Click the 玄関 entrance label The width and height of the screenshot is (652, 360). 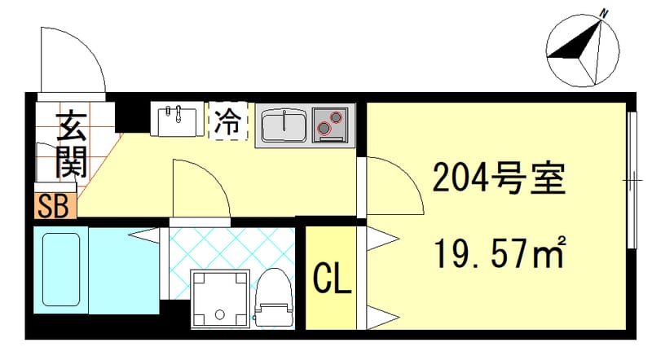click(71, 145)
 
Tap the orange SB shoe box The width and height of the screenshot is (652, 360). click(55, 205)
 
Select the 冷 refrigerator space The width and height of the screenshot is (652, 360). click(228, 121)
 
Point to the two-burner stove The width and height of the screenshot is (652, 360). click(331, 125)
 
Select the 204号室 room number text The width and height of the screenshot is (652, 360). click(498, 178)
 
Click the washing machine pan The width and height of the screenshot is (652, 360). click(219, 299)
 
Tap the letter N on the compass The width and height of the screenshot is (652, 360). click(604, 12)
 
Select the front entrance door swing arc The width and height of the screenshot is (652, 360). click(73, 61)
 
